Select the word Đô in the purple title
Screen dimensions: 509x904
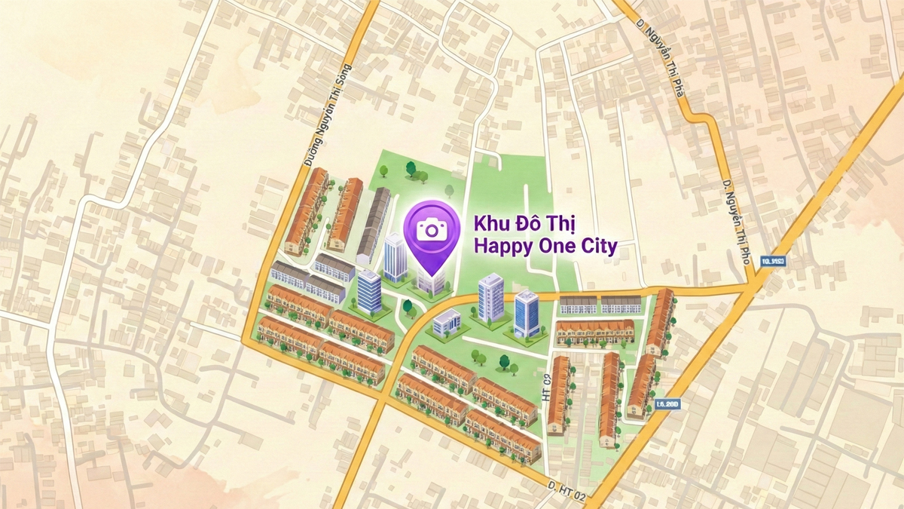524,224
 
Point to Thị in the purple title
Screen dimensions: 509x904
558,225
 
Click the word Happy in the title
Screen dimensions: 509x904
498,247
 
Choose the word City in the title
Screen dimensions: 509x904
597,247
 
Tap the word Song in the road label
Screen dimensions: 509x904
346,69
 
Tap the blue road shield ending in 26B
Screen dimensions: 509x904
668,404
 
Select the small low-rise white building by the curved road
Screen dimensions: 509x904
447,322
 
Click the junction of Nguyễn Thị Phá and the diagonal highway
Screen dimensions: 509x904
756,286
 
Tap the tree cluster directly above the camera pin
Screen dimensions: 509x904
417,173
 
